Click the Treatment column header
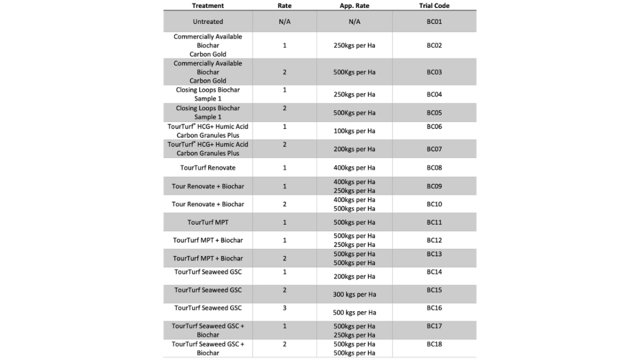(x=208, y=6)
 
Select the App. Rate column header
(x=354, y=6)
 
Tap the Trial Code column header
(x=434, y=6)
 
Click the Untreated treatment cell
(x=208, y=22)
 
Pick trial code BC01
(x=434, y=22)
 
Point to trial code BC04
(x=434, y=94)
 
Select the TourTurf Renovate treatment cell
(x=208, y=168)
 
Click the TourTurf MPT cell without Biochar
(x=208, y=222)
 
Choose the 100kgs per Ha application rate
(x=354, y=131)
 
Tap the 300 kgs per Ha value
(x=354, y=294)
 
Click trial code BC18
(x=434, y=345)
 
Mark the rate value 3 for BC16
(x=284, y=308)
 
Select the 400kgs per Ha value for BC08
(x=354, y=168)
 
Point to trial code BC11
(x=434, y=222)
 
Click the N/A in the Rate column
(x=284, y=22)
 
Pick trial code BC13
(x=434, y=254)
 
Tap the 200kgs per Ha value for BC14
(x=354, y=277)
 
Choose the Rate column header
(x=284, y=6)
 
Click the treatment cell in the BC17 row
(x=208, y=330)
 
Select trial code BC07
(x=434, y=149)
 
